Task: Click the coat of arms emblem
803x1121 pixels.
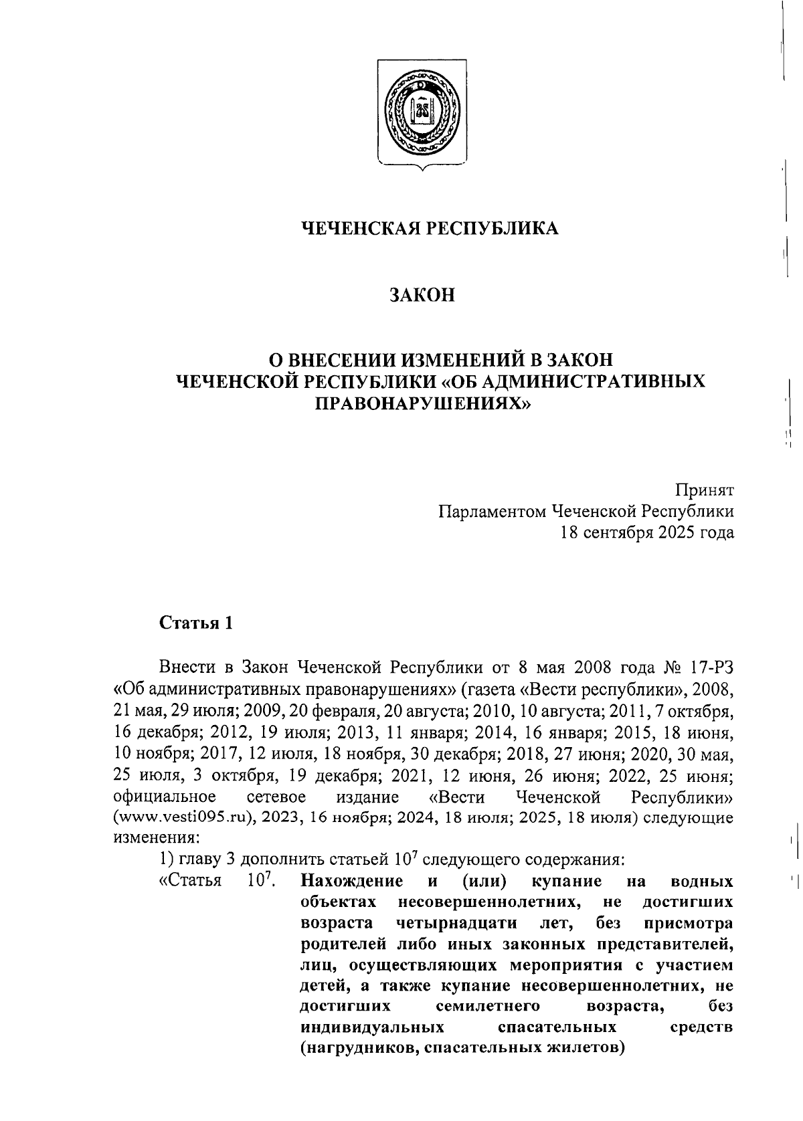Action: (x=422, y=112)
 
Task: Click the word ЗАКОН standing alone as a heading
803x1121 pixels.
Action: (x=422, y=295)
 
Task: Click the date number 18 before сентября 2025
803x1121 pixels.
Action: (x=570, y=533)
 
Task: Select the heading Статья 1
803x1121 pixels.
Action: (x=196, y=624)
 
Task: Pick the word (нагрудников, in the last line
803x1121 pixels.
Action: (x=360, y=1047)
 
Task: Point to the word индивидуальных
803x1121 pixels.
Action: (x=372, y=1027)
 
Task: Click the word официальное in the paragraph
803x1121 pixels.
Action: (x=165, y=797)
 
